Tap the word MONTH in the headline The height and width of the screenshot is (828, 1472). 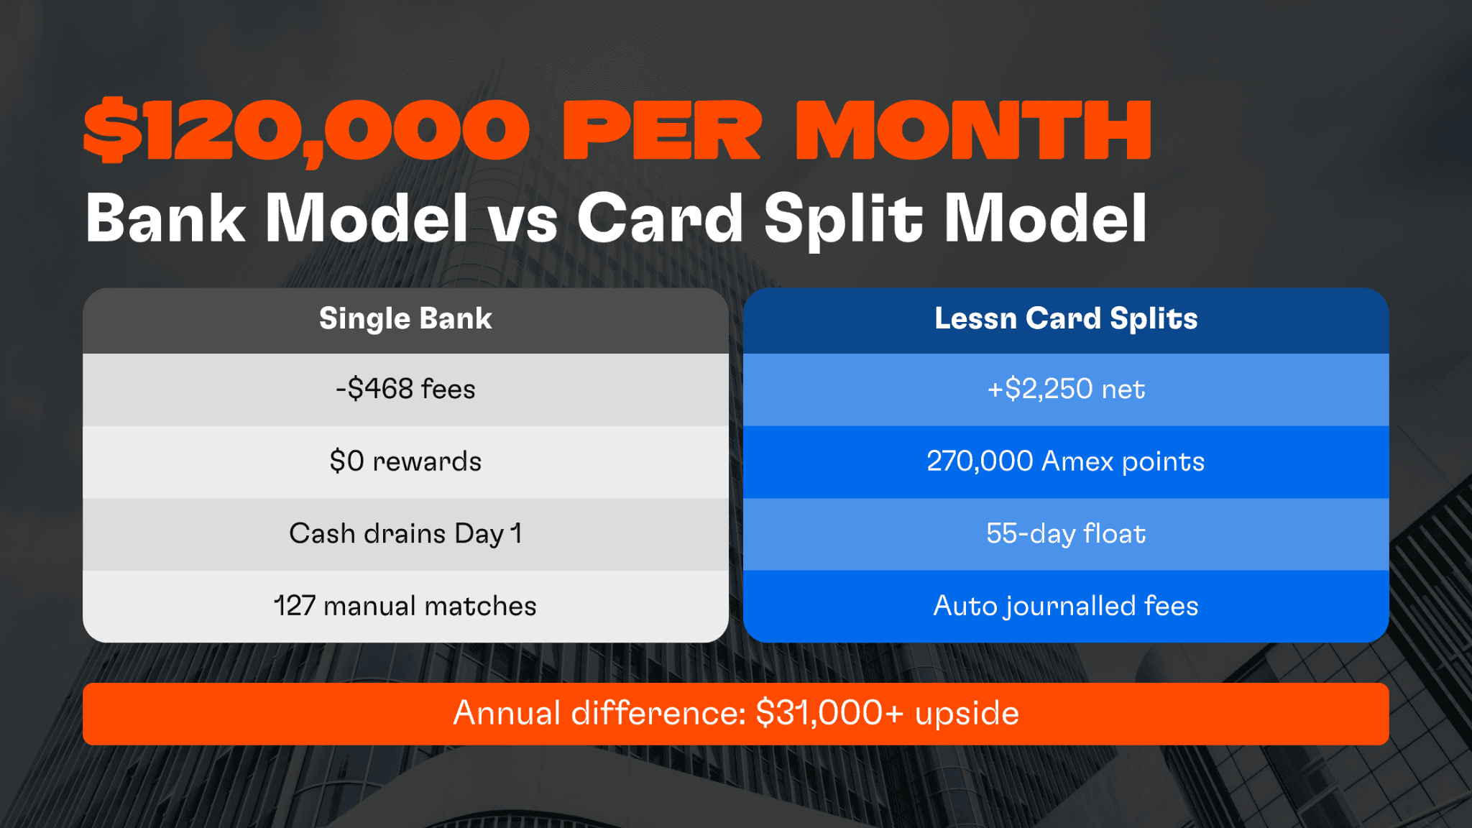973,131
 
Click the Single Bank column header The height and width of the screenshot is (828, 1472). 405,318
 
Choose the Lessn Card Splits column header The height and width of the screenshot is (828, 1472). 1066,318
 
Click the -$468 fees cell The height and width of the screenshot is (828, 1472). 405,389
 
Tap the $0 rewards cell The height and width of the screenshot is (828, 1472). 405,461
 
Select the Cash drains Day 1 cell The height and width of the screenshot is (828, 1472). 405,534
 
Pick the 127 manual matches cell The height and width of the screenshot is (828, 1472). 405,606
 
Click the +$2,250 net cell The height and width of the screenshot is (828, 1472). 1066,389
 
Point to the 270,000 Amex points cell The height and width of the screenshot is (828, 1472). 1066,461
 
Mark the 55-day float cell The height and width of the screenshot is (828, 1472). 1066,534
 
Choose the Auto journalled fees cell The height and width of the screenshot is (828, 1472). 1066,606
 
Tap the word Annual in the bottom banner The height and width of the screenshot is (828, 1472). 507,713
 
